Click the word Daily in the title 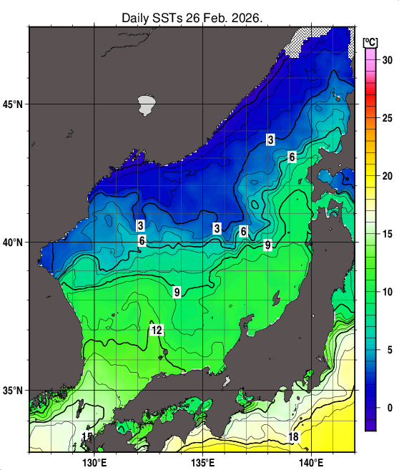[137, 17]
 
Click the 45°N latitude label [14, 104]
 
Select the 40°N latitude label [14, 243]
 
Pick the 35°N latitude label [14, 391]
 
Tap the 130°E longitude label [94, 461]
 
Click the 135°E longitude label [204, 461]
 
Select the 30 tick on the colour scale [387, 60]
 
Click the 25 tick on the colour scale [387, 118]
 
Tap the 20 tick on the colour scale [387, 176]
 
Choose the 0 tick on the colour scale [387, 408]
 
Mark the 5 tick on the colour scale [387, 350]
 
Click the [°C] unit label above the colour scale [370, 41]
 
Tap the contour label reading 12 [157, 330]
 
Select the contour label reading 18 [293, 437]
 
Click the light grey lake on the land [147, 105]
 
